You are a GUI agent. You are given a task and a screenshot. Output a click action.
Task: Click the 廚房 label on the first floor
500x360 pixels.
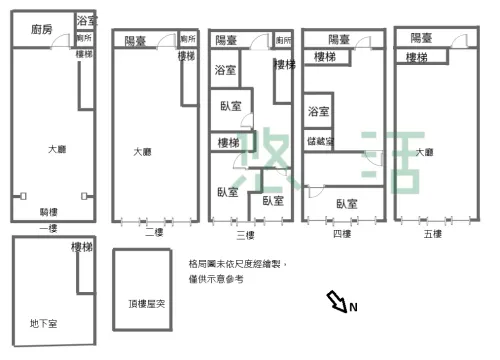(x=41, y=30)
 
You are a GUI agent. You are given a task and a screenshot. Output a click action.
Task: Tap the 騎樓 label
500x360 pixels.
(x=49, y=212)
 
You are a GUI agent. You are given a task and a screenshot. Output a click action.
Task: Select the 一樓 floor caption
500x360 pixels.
(x=48, y=229)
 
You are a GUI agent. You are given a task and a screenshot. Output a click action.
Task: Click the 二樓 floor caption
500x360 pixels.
(x=153, y=233)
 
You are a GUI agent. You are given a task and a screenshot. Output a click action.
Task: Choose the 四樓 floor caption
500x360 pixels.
(x=341, y=234)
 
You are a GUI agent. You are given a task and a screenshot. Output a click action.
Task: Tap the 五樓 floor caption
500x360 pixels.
(x=432, y=233)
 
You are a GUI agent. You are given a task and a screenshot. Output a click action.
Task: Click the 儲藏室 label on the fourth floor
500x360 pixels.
(x=321, y=141)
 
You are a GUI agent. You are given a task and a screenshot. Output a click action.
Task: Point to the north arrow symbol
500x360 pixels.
(x=336, y=299)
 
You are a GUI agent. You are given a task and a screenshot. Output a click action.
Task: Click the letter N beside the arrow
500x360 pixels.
(x=353, y=307)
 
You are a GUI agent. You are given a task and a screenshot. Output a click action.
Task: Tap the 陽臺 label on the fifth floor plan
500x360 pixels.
(x=422, y=37)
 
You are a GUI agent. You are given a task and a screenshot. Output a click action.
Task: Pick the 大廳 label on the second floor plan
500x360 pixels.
(x=143, y=152)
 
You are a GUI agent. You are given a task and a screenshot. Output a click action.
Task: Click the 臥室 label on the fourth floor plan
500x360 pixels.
(x=347, y=203)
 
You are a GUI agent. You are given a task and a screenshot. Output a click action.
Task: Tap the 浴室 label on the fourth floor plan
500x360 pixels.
(x=319, y=111)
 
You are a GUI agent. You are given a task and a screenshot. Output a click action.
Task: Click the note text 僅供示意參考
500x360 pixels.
(x=215, y=279)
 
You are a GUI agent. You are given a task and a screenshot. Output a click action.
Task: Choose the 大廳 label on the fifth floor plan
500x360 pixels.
(x=424, y=152)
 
